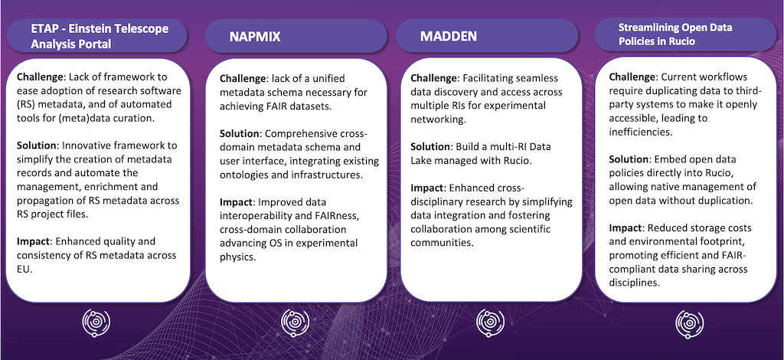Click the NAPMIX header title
tap(255, 37)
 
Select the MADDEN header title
tap(449, 36)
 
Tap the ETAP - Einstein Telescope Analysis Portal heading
tap(100, 36)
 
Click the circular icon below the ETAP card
tap(96, 322)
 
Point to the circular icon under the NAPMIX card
tap(295, 322)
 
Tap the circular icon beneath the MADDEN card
tap(490, 322)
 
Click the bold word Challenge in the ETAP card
tap(41, 77)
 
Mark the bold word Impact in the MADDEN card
tap(427, 188)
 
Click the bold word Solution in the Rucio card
tap(629, 159)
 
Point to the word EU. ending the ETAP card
tap(24, 270)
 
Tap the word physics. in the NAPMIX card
tap(238, 258)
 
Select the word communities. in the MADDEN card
tap(442, 244)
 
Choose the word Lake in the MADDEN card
tap(422, 161)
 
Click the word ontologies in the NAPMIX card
tap(243, 175)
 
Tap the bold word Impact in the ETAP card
tap(33, 242)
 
